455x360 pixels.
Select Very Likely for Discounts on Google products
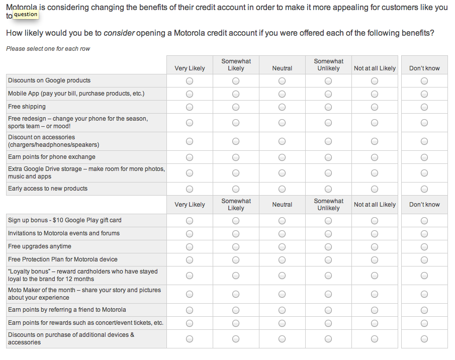[190, 81]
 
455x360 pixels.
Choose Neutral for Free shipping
[282, 107]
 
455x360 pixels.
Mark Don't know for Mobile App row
[424, 94]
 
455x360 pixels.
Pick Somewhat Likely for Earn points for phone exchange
[236, 157]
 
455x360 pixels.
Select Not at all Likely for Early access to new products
[375, 189]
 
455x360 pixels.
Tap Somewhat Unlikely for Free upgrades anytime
[328, 247]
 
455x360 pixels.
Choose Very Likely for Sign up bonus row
[190, 221]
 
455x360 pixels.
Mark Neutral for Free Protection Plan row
[282, 260]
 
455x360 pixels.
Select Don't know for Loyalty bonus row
[424, 276]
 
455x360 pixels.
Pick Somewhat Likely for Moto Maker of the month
[236, 294]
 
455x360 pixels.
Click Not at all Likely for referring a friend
[375, 310]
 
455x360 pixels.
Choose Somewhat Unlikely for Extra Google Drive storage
[328, 173]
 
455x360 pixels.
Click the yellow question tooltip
[26, 15]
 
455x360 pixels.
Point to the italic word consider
[119, 33]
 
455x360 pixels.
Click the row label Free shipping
[27, 107]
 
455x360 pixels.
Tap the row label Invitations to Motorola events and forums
[64, 233]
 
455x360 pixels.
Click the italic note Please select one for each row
[48, 49]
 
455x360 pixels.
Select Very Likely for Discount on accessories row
[190, 141]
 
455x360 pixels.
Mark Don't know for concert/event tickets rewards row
[424, 323]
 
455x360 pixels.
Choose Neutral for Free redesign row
[282, 123]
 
